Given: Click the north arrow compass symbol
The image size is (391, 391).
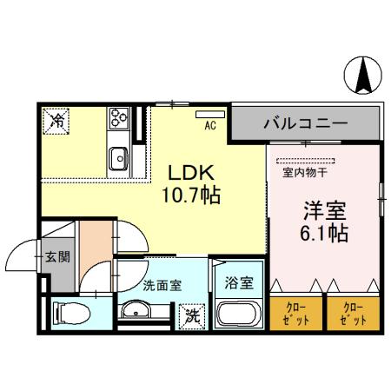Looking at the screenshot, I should click(364, 76).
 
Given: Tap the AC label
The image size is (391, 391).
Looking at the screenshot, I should click(209, 126).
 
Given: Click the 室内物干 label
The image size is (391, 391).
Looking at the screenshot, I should click(305, 171).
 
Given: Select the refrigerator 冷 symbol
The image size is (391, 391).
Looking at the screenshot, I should click(56, 121).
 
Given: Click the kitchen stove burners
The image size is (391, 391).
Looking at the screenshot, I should click(118, 117).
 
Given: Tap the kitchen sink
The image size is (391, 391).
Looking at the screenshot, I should click(118, 158).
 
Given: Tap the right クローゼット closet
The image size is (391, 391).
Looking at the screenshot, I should click(352, 312).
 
